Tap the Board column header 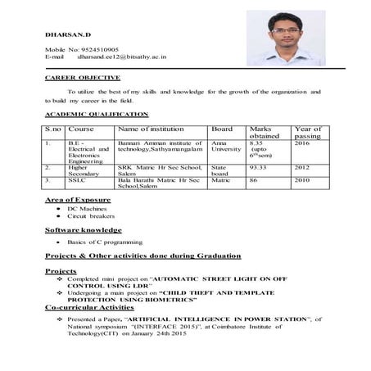pyautogui.click(x=222, y=129)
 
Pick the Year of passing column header pyautogui.click(x=307, y=132)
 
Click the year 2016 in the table pyautogui.click(x=301, y=143)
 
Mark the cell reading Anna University pyautogui.click(x=226, y=147)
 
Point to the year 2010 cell pyautogui.click(x=301, y=179)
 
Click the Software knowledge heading pyautogui.click(x=83, y=230)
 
